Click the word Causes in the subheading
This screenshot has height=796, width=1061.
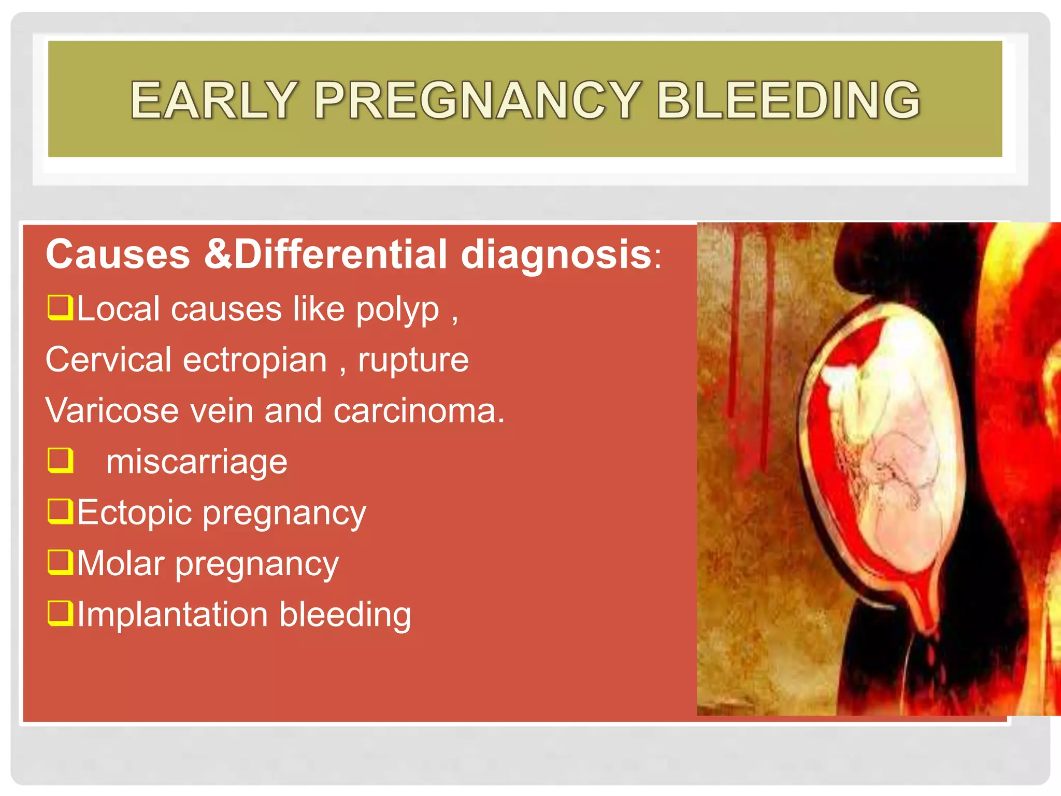click(x=118, y=254)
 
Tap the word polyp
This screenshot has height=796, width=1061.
click(x=397, y=309)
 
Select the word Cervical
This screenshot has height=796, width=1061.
click(x=108, y=360)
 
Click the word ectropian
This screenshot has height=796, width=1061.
click(x=255, y=360)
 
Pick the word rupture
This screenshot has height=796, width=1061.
click(x=413, y=360)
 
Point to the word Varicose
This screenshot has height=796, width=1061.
click(x=112, y=410)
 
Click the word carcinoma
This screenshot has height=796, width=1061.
click(x=418, y=410)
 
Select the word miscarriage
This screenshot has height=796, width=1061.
click(x=196, y=461)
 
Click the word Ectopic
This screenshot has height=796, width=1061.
click(x=135, y=513)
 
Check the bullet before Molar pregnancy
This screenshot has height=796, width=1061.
click(x=60, y=562)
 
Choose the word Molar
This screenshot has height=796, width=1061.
click(x=121, y=563)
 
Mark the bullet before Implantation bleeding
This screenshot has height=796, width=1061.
click(x=60, y=613)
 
